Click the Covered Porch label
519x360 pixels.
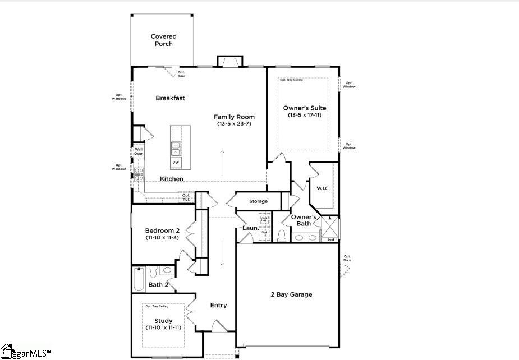click(163, 40)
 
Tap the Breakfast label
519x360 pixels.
click(170, 98)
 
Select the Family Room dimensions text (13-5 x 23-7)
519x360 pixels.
click(234, 124)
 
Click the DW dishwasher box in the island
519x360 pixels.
click(176, 163)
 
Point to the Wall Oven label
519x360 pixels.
click(139, 151)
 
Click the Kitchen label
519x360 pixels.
click(172, 179)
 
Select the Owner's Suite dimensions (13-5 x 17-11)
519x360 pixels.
click(305, 115)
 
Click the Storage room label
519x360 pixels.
click(258, 201)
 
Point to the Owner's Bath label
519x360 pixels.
click(304, 220)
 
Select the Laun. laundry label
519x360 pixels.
click(250, 228)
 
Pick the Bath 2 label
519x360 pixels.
click(158, 285)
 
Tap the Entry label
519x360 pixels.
click(218, 306)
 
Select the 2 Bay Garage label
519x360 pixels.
click(291, 294)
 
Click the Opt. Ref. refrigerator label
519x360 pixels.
click(186, 197)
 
